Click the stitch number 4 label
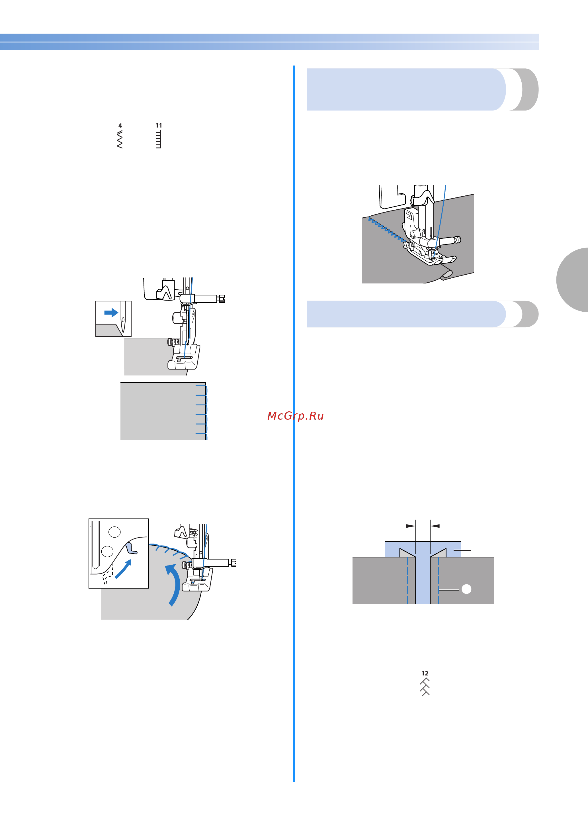click(120, 126)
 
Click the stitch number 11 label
click(159, 125)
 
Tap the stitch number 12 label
click(425, 673)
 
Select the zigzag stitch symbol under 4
click(120, 139)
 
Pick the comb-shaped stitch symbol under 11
click(158, 139)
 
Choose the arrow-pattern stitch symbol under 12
click(425, 687)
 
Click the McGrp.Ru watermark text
click(296, 416)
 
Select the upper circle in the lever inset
click(114, 532)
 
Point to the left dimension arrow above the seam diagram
click(407, 526)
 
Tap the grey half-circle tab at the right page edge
click(572, 280)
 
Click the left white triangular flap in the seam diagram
click(407, 553)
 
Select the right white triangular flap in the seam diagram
click(439, 553)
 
